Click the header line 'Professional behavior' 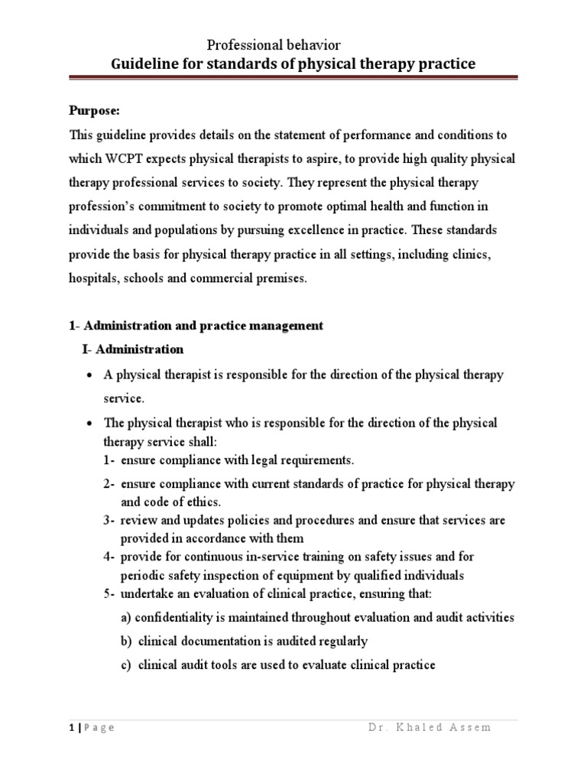click(x=274, y=47)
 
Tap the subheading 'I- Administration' click(x=134, y=349)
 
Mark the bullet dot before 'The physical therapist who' click(x=89, y=424)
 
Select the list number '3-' click(x=109, y=521)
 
